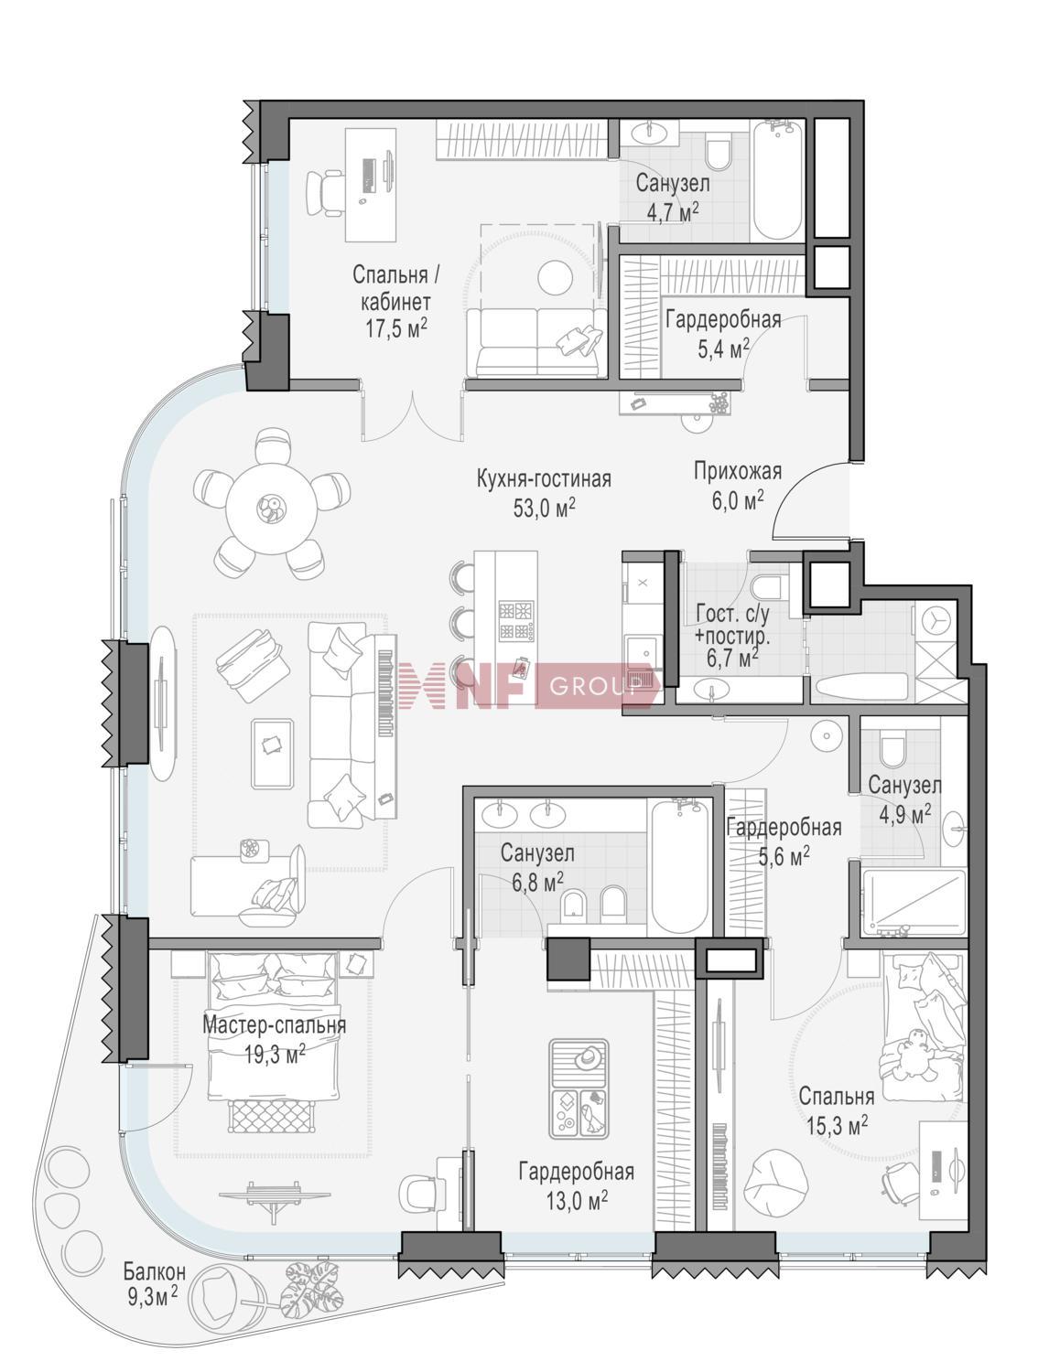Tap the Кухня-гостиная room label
pyautogui.click(x=544, y=479)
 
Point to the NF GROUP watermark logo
pyautogui.click(x=531, y=686)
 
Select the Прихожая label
pyautogui.click(x=738, y=471)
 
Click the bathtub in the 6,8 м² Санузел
pyautogui.click(x=679, y=869)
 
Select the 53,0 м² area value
pyautogui.click(x=544, y=509)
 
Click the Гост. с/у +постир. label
pyautogui.click(x=733, y=635)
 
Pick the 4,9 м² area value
pyautogui.click(x=905, y=815)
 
